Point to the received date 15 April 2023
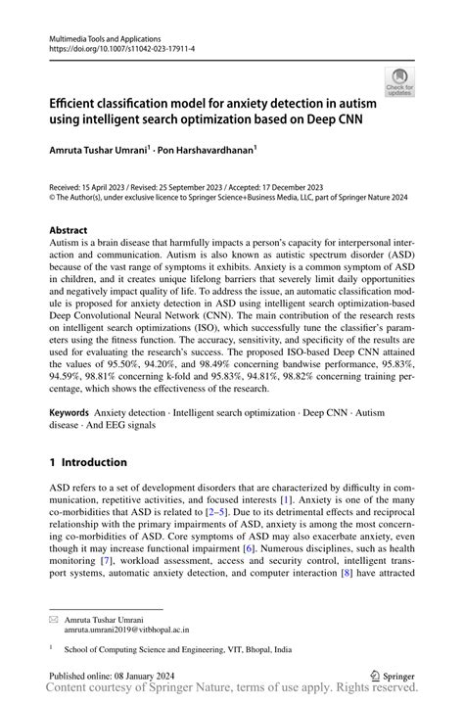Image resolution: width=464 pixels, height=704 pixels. point(109,185)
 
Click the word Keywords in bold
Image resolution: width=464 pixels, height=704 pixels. point(74,415)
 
